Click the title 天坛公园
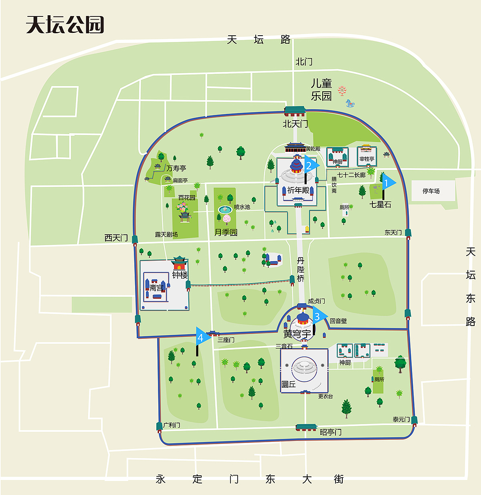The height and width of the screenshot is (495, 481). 65,25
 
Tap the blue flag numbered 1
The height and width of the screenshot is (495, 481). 388,183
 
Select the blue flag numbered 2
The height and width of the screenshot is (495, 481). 311,165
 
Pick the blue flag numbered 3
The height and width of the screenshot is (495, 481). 319,316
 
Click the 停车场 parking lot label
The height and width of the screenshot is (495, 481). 431,191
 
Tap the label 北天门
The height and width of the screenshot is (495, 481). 295,124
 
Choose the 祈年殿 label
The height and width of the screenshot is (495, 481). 298,190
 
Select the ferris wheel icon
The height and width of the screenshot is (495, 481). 342,91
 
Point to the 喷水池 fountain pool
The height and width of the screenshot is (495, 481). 225,209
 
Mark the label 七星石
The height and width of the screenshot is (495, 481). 380,205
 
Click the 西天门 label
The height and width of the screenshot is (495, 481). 116,238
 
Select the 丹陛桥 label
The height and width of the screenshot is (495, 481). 301,270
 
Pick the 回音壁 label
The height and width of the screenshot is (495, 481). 338,321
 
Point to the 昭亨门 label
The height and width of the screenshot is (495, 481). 331,432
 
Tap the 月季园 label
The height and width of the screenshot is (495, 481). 226,232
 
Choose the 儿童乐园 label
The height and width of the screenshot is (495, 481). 321,90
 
